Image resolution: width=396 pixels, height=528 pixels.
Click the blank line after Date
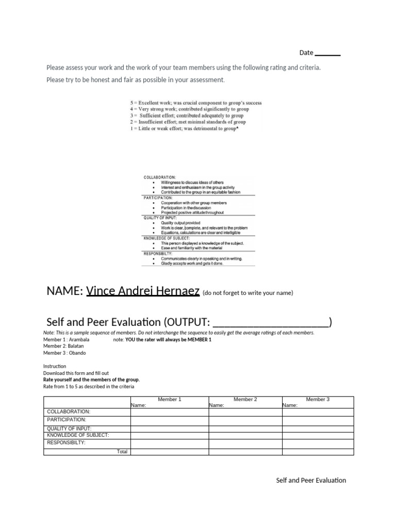click(327, 54)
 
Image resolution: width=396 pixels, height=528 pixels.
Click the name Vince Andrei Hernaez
click(143, 291)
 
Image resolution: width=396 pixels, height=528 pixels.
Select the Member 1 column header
click(169, 399)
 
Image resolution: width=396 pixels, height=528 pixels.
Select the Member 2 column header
click(245, 399)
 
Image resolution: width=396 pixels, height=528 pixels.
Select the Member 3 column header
click(318, 399)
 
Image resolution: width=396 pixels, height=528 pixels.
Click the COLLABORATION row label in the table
click(69, 412)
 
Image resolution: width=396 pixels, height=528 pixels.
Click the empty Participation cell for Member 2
click(245, 420)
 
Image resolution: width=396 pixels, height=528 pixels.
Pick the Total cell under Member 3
click(318, 452)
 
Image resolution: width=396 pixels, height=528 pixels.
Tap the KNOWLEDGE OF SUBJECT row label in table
click(78, 435)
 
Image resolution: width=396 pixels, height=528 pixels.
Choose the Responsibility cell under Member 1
click(169, 443)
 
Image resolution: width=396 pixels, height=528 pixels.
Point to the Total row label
click(122, 452)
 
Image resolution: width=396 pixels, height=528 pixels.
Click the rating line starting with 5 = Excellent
click(196, 103)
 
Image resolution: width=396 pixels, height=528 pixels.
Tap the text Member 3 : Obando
click(64, 353)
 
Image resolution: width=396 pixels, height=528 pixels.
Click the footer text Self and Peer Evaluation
click(311, 480)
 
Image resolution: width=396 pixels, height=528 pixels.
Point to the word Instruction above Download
click(55, 366)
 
